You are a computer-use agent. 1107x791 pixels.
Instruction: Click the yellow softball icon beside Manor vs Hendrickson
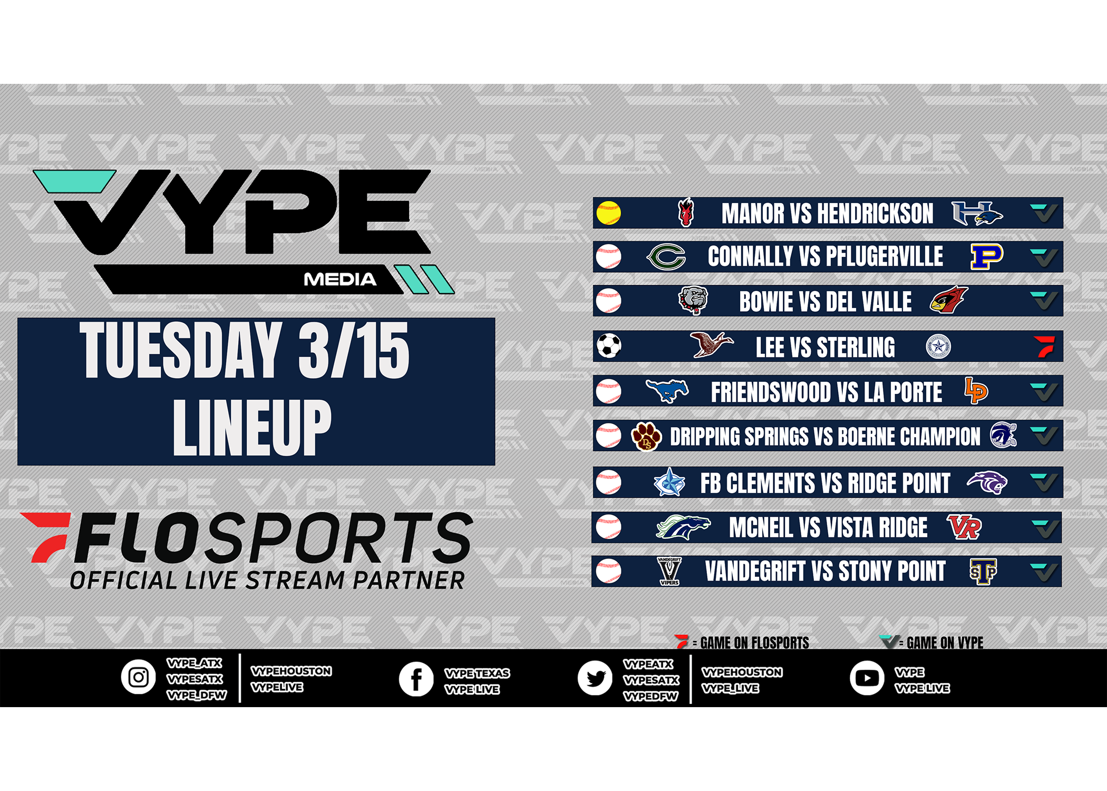608,213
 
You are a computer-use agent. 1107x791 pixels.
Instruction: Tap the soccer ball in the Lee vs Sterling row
609,346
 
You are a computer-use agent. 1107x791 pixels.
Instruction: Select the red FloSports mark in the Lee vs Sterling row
1044,346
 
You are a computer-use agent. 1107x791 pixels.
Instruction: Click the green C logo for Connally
666,257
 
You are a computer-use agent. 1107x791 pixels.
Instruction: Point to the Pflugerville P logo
987,257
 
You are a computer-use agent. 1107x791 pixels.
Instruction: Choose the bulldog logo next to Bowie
693,301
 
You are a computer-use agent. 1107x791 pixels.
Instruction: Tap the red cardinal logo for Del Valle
949,300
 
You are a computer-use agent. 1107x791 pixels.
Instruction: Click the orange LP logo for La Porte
976,391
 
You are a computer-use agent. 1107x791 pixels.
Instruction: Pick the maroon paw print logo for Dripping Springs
646,437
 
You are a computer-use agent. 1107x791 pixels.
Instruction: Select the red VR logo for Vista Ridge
964,527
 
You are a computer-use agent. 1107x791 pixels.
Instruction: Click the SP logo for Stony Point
983,572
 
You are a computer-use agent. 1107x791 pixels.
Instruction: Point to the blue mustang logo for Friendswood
667,391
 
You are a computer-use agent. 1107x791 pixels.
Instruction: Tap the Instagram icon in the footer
139,677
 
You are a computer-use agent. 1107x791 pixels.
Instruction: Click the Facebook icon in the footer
416,679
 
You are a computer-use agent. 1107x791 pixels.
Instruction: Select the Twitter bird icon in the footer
595,678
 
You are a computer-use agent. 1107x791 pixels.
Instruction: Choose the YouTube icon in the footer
867,678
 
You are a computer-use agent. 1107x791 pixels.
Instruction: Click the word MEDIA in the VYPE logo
340,279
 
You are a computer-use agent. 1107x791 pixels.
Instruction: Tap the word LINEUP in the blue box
252,427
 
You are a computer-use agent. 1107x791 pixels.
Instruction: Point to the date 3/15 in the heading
354,350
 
